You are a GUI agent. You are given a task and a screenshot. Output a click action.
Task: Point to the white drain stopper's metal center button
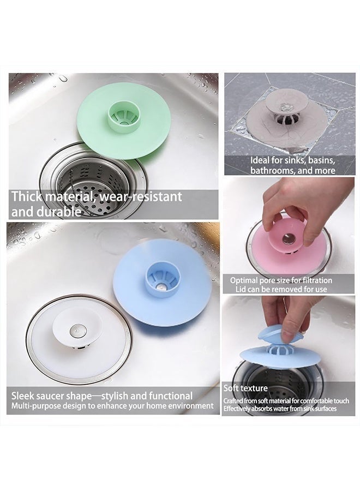click(75, 330)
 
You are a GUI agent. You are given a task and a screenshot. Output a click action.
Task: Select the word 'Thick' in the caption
click(27, 196)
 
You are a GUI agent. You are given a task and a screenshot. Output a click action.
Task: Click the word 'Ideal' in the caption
click(260, 160)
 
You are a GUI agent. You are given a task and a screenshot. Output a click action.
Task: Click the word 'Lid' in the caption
click(241, 289)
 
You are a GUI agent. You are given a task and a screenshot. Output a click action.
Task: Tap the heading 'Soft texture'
click(245, 388)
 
